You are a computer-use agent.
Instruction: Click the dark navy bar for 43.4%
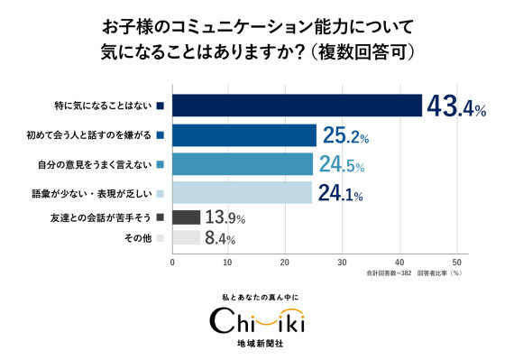298,106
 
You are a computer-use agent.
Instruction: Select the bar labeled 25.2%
244,135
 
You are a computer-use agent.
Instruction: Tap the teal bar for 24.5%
243,164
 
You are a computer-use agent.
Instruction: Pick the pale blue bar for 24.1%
243,192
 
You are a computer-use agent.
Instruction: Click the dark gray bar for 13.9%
186,217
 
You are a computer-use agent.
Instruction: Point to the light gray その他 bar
186,237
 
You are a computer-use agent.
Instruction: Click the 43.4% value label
456,106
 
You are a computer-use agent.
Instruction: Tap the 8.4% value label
220,238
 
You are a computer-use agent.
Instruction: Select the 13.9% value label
225,217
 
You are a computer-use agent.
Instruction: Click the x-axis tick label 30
343,263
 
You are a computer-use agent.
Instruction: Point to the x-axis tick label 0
172,263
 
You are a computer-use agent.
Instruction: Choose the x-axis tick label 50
456,263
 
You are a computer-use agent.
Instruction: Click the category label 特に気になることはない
104,106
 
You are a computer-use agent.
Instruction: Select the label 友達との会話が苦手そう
101,217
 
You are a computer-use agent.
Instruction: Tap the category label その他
138,238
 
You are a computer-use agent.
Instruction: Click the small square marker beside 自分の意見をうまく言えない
161,164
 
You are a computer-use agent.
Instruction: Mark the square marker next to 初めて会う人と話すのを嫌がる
161,135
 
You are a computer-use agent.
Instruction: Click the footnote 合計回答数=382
389,273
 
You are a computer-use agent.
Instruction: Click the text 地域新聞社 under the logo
260,344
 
